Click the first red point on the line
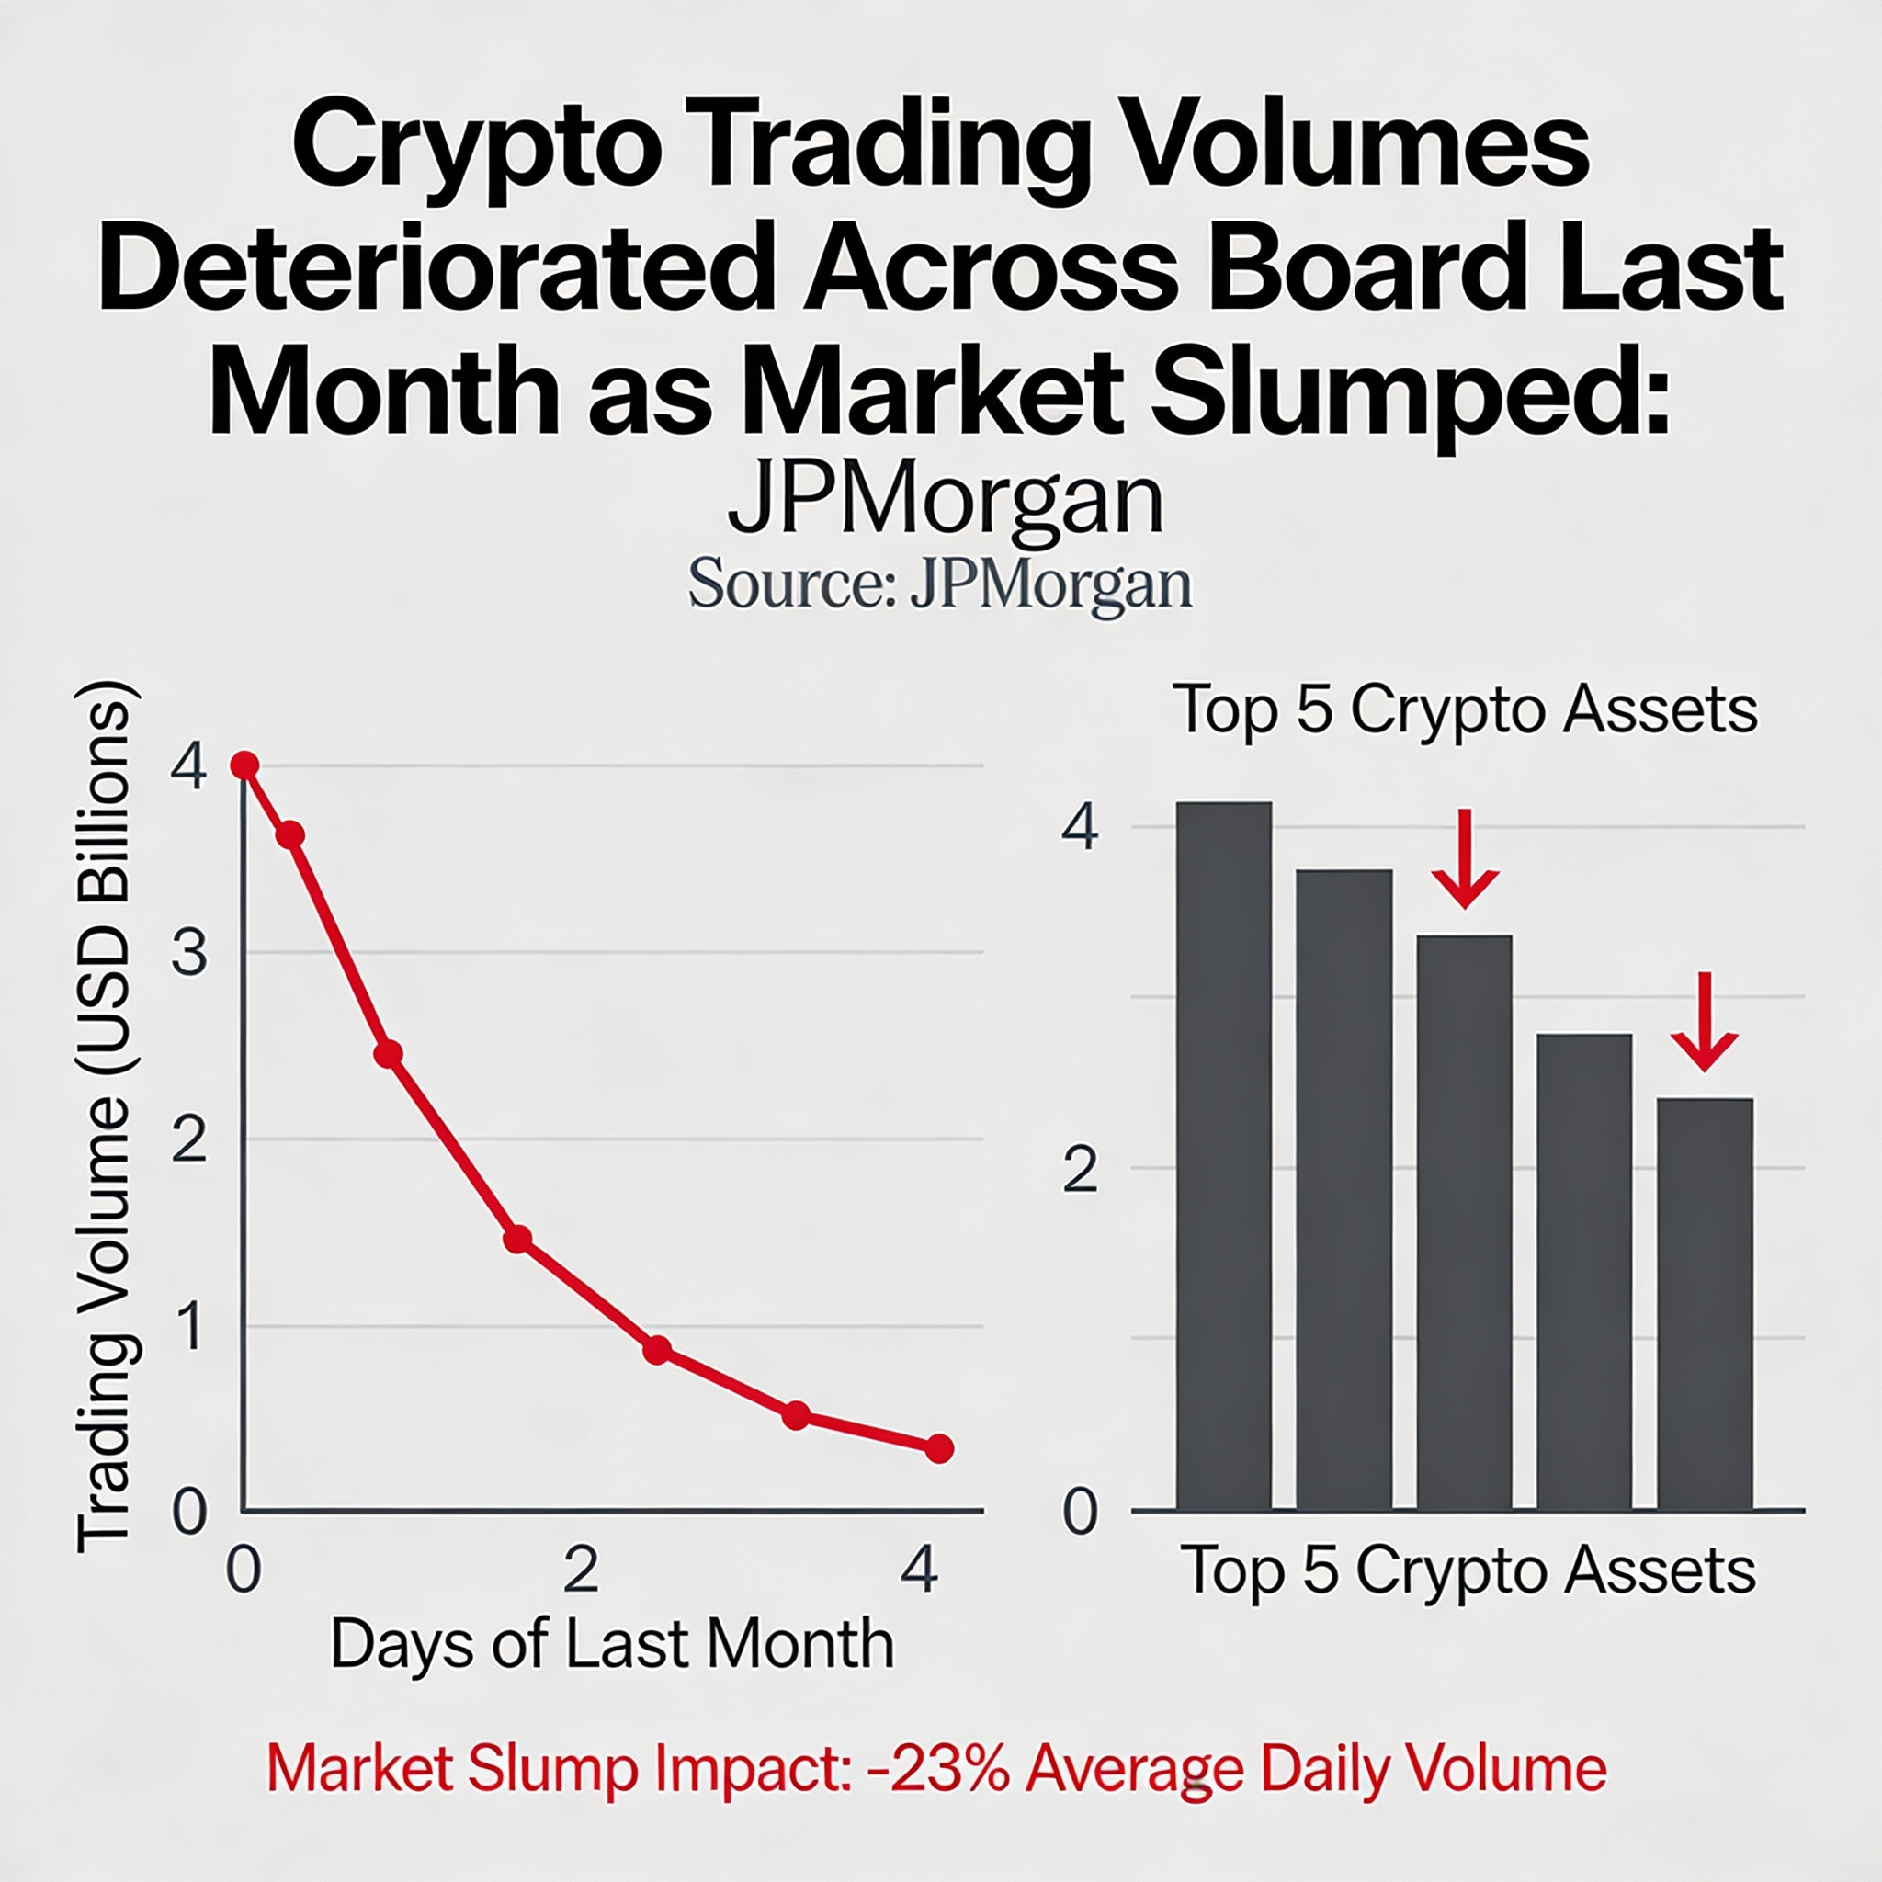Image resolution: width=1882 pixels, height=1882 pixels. pyautogui.click(x=245, y=765)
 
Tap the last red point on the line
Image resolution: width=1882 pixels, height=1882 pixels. pyautogui.click(x=938, y=1448)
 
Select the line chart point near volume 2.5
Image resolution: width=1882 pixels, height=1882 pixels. pyautogui.click(x=389, y=1054)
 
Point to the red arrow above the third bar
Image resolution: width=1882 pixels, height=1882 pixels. pyautogui.click(x=1464, y=858)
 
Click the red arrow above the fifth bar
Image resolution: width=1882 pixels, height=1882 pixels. pyautogui.click(x=1705, y=1021)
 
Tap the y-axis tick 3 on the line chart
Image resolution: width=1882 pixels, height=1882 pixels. pyautogui.click(x=189, y=953)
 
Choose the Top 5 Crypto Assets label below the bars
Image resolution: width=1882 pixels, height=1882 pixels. pyautogui.click(x=1469, y=1570)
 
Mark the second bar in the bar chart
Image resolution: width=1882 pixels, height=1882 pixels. pyautogui.click(x=1343, y=1189)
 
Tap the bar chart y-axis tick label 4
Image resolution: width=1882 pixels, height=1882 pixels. pyautogui.click(x=1081, y=830)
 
